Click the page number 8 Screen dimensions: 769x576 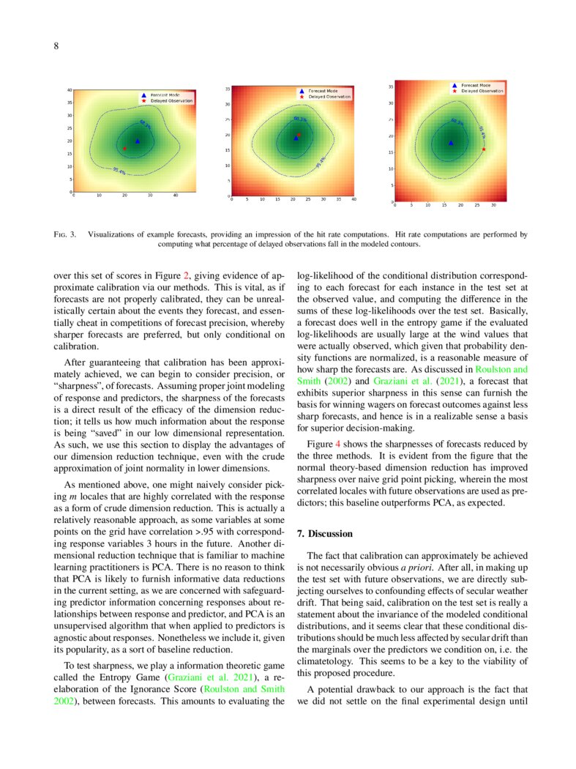[x=56, y=47]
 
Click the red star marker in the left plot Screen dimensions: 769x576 [x=124, y=149]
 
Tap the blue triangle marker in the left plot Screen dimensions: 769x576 [x=137, y=141]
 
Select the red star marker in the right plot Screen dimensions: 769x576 [x=484, y=149]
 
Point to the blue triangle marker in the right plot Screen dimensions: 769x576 [x=451, y=143]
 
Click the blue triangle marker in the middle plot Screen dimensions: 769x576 [x=296, y=137]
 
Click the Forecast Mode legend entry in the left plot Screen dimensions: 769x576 [x=162, y=95]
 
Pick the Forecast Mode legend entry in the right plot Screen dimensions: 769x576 [x=476, y=85]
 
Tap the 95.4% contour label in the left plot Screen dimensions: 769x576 [x=119, y=171]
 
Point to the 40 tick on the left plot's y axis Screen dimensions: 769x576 [x=69, y=89]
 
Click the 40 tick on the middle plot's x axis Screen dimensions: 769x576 [x=354, y=199]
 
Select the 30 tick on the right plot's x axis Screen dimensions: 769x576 [x=494, y=205]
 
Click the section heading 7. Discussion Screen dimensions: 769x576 [x=330, y=533]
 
